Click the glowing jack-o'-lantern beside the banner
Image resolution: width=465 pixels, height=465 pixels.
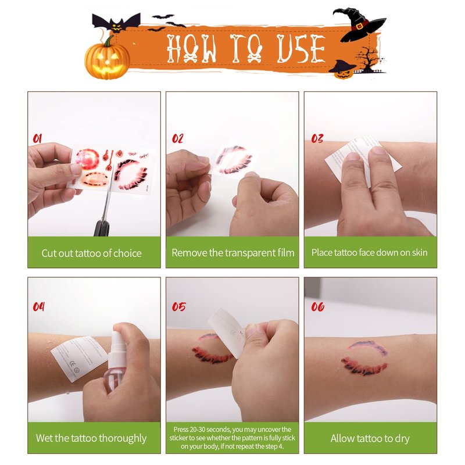(x=108, y=59)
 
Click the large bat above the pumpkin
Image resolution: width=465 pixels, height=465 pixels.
(x=116, y=23)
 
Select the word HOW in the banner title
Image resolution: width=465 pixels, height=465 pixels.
(x=191, y=49)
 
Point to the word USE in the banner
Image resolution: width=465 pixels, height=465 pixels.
(x=301, y=49)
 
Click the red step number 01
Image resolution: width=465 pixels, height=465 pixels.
(x=37, y=138)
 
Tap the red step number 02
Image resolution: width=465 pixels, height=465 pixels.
(x=178, y=138)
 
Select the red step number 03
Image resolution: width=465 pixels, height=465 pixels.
(x=317, y=138)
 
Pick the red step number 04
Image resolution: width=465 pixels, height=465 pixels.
(x=38, y=307)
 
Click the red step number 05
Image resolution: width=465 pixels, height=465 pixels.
(x=179, y=307)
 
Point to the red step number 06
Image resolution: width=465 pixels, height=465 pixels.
(x=317, y=307)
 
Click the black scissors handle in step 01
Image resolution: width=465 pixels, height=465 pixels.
(x=102, y=228)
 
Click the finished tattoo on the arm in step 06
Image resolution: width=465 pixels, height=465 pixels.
(x=365, y=357)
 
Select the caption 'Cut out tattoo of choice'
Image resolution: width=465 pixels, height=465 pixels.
(x=91, y=253)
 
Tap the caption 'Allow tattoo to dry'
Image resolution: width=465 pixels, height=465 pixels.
(x=370, y=438)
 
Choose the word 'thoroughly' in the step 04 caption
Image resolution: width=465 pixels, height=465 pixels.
(x=123, y=438)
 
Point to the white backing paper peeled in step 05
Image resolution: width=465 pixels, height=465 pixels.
(x=227, y=331)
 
